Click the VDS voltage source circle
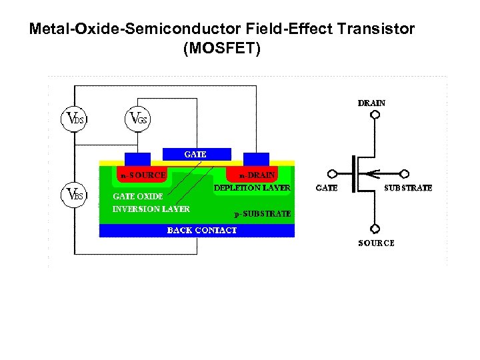pos(74,119)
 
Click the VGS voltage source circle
pos(137,119)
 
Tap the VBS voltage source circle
pos(74,195)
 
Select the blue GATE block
pos(196,154)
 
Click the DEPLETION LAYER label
pos(252,189)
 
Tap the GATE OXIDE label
pos(137,197)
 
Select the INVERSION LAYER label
pos(151,209)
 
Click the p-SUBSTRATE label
pos(262,214)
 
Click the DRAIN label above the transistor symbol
pos(371,103)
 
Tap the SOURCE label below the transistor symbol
pos(376,243)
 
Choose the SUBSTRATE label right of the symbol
pos(409,189)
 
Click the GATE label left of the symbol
pos(326,189)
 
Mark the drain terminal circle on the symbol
pos(375,115)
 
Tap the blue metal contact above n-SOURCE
pos(137,159)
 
